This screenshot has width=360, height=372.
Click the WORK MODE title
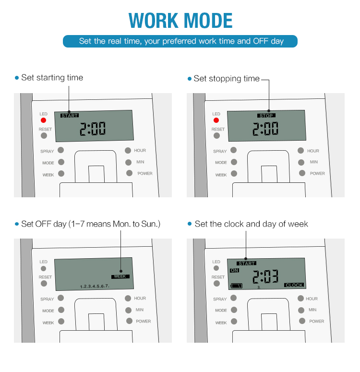click(180, 21)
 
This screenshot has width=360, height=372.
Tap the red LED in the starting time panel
click(43, 120)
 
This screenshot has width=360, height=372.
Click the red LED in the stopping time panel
click(216, 120)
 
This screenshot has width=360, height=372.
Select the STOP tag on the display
click(266, 116)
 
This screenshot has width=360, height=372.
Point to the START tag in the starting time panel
click(70, 116)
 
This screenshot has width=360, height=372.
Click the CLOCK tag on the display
click(294, 285)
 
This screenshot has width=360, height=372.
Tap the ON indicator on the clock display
click(234, 270)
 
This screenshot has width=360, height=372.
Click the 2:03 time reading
click(265, 276)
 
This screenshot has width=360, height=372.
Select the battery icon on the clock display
click(237, 286)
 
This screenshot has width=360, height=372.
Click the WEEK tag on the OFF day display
click(120, 276)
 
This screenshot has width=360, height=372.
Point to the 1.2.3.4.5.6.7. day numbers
click(95, 287)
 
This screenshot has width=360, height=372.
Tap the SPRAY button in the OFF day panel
click(61, 298)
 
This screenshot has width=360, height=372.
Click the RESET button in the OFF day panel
click(44, 284)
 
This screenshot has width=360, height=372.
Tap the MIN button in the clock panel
click(301, 310)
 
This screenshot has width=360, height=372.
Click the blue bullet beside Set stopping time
click(190, 79)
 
